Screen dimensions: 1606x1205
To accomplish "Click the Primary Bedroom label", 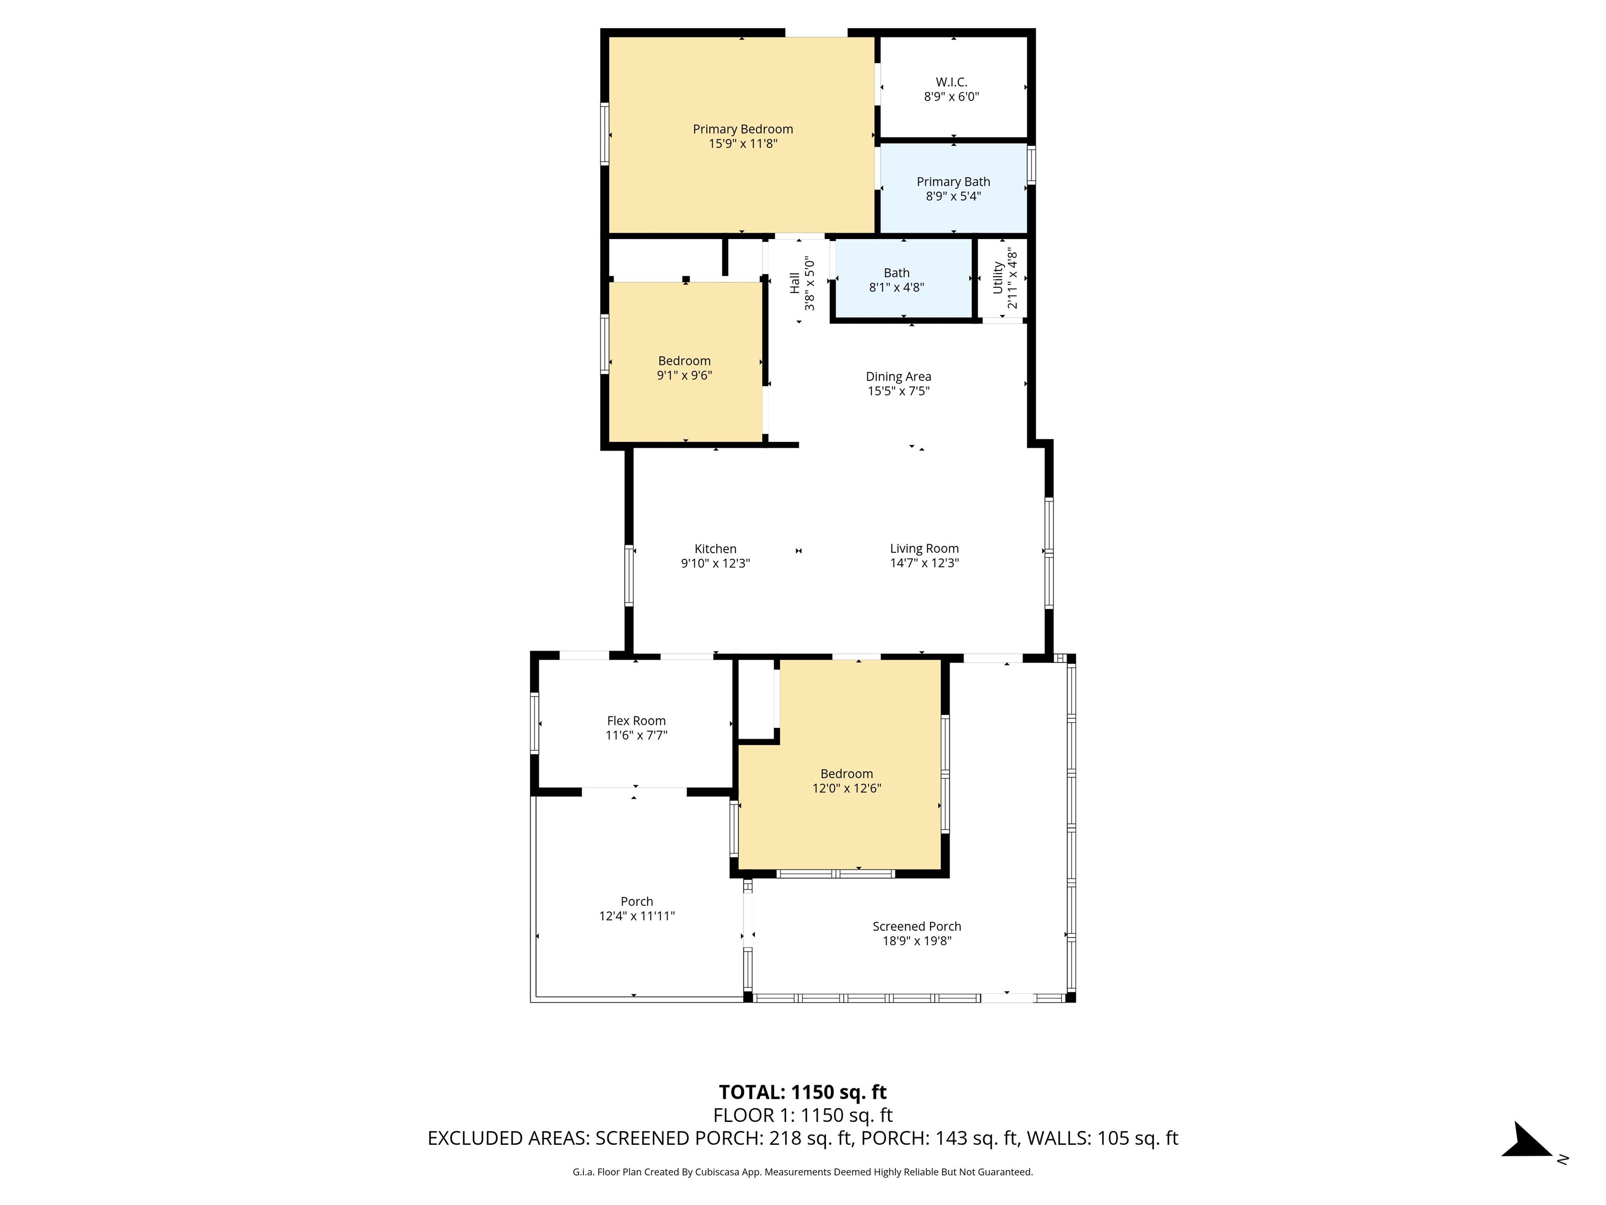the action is click(x=743, y=129).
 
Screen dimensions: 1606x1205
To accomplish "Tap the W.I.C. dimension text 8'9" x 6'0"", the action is click(x=951, y=97).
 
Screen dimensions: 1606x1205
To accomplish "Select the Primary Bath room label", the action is click(x=953, y=181).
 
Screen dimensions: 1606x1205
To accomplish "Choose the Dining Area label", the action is click(x=898, y=376).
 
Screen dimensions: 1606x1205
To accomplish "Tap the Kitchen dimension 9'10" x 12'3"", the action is click(x=715, y=563).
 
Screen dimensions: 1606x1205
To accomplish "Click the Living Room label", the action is click(x=924, y=549).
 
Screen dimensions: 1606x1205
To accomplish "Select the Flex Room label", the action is click(x=636, y=721).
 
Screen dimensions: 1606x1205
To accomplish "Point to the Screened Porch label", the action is click(x=917, y=926).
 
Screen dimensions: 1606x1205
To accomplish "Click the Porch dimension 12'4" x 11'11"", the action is click(x=637, y=916).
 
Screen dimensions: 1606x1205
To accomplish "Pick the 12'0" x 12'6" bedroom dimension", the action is click(x=846, y=788).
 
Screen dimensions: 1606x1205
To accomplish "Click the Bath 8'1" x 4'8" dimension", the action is click(x=897, y=288).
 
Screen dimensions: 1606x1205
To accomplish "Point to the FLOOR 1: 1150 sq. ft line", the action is click(x=802, y=1115).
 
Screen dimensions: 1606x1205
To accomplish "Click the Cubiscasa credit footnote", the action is click(x=802, y=1172).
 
